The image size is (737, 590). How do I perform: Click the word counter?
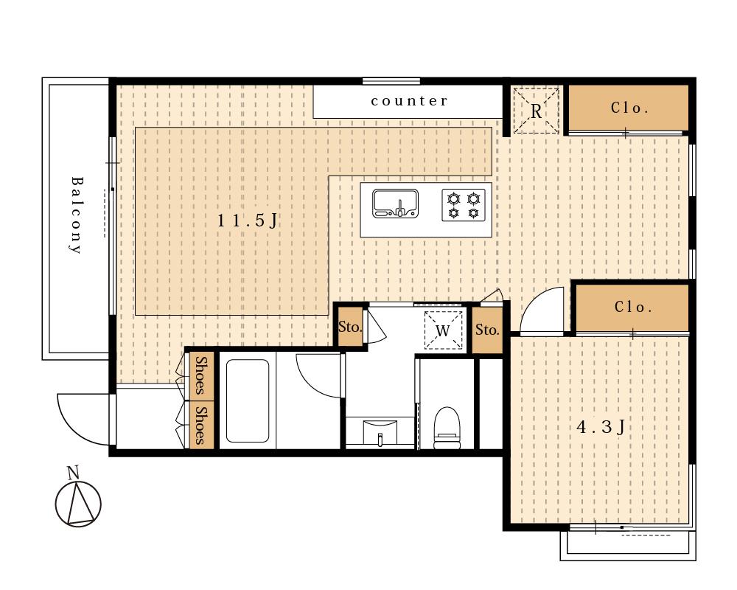(409, 101)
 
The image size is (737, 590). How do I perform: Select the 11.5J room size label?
(248, 221)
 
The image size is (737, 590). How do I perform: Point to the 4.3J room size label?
(601, 427)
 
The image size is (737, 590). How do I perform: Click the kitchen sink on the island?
(395, 204)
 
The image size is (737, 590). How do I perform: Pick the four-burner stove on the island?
(464, 205)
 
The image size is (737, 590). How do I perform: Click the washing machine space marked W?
(443, 330)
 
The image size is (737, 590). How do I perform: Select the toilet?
(447, 428)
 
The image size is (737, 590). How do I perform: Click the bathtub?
(248, 401)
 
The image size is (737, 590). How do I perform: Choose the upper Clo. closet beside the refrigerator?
(629, 108)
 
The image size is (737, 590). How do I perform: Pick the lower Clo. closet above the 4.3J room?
(632, 308)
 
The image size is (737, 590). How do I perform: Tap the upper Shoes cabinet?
(202, 376)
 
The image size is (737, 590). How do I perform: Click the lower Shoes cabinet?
(202, 425)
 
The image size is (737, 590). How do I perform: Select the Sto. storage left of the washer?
(350, 327)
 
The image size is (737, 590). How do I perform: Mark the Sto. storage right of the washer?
(487, 330)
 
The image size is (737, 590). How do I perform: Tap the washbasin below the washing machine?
(380, 432)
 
